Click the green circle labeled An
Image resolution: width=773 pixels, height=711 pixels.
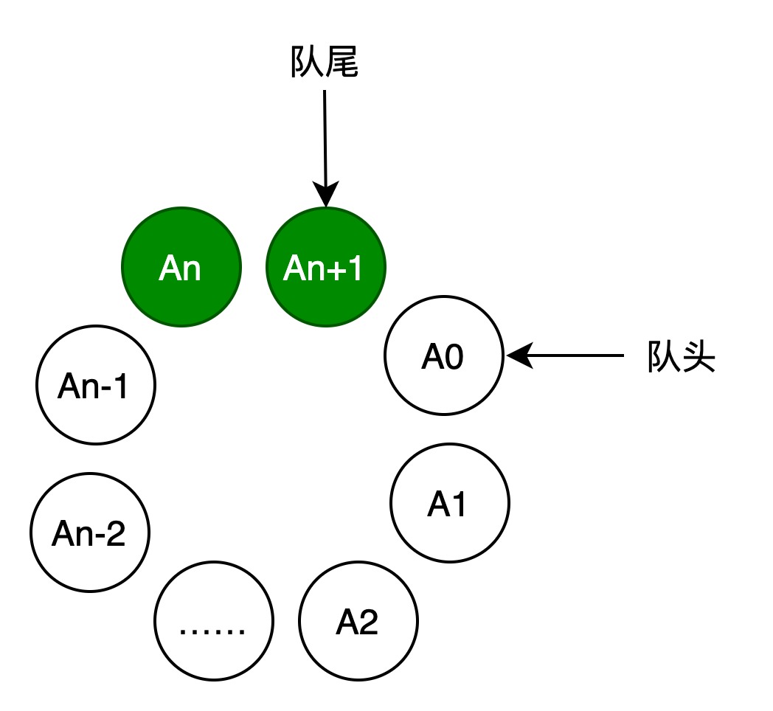[181, 267]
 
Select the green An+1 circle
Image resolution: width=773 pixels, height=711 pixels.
[326, 267]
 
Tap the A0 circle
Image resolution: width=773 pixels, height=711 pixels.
[444, 355]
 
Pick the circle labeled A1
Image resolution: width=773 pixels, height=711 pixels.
[450, 503]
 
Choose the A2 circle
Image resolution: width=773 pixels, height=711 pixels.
[358, 621]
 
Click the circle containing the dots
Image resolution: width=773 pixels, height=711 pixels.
[214, 621]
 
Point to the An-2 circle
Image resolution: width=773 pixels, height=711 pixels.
[90, 533]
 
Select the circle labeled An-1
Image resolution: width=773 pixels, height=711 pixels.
[96, 385]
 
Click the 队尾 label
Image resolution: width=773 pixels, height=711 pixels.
[324, 62]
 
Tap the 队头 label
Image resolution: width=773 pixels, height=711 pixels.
[681, 356]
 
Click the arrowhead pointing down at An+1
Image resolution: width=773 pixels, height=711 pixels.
[326, 194]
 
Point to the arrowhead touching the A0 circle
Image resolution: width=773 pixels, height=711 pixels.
[519, 355]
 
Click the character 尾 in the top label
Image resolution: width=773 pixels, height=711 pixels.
[342, 62]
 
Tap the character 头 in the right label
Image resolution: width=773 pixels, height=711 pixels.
[699, 356]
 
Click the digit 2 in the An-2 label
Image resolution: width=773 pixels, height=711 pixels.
[115, 533]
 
